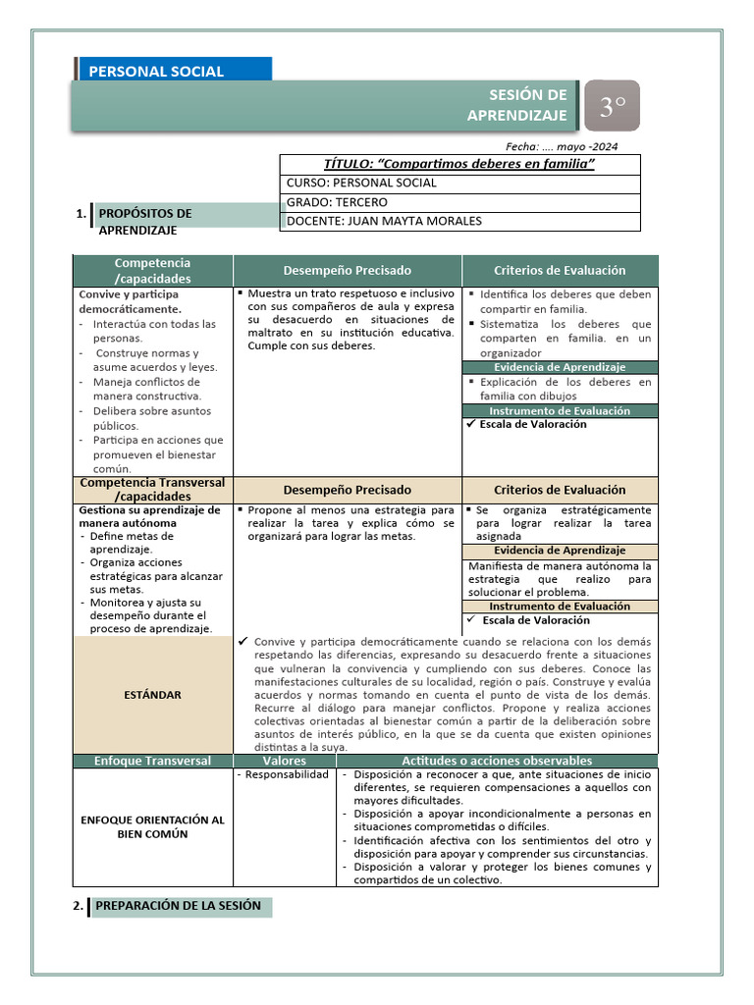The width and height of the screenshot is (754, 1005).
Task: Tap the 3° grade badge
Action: coord(613,106)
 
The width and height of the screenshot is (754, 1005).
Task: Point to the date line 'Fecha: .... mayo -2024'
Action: coord(561,146)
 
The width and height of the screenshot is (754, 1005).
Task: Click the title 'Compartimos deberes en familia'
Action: coord(459,164)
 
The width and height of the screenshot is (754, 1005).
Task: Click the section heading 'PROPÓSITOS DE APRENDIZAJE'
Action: coord(147,220)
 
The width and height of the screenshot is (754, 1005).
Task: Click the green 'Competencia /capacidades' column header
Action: coord(152,270)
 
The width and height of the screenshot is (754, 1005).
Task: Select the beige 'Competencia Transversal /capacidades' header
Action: coord(152,489)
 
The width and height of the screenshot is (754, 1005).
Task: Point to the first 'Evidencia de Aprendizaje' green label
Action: coord(560,367)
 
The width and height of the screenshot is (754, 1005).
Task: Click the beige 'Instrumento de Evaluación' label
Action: coord(560,607)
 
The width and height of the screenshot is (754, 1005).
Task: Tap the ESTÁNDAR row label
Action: coord(152,695)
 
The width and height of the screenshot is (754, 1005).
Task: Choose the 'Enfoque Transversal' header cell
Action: coord(152,761)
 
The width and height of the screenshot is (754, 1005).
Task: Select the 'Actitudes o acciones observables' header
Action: coord(497,761)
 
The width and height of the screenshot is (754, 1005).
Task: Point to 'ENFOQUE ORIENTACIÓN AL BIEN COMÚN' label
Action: coord(152,826)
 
